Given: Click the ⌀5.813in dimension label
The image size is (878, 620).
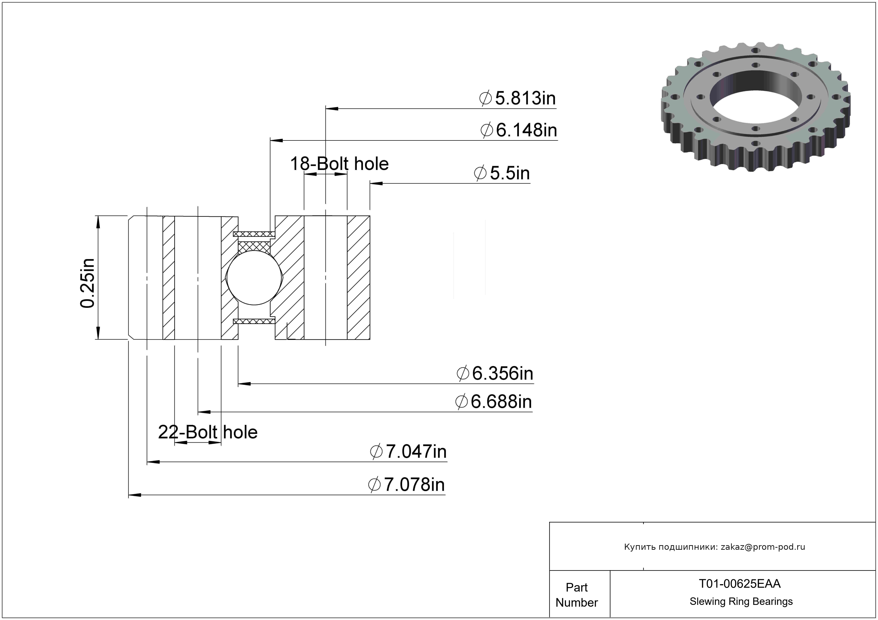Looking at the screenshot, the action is click(x=517, y=98).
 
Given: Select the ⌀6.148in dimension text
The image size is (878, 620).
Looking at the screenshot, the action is click(x=519, y=130).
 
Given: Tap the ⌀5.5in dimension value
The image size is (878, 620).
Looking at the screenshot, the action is click(x=502, y=173).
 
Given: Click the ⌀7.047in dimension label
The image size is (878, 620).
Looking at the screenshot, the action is click(x=408, y=452).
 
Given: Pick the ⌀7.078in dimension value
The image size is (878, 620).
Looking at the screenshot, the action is click(x=407, y=485).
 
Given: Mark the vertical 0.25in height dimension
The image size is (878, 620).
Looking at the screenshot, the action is click(x=87, y=283).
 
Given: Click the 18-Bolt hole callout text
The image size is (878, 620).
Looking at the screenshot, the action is click(x=339, y=164).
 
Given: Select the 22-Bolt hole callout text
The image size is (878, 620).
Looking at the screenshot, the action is click(x=208, y=432).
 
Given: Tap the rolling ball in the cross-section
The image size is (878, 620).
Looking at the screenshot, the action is click(x=254, y=278).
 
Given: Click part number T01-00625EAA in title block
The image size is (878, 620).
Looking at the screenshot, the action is click(x=739, y=584).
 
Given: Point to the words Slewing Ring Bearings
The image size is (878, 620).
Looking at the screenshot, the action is click(x=741, y=602).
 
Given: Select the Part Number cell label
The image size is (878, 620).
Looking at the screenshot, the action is click(x=577, y=595).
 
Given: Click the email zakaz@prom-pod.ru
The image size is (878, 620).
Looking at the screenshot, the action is click(x=763, y=547).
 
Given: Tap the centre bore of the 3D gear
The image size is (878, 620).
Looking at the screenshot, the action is click(x=756, y=100).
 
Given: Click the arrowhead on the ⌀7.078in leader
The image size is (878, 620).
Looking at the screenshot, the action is click(x=135, y=495).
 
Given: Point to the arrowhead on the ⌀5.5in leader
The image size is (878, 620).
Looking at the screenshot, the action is click(x=376, y=183).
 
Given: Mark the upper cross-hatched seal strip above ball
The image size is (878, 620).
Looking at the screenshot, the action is click(x=254, y=234).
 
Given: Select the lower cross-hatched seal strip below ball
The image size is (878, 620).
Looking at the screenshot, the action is click(x=254, y=321).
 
